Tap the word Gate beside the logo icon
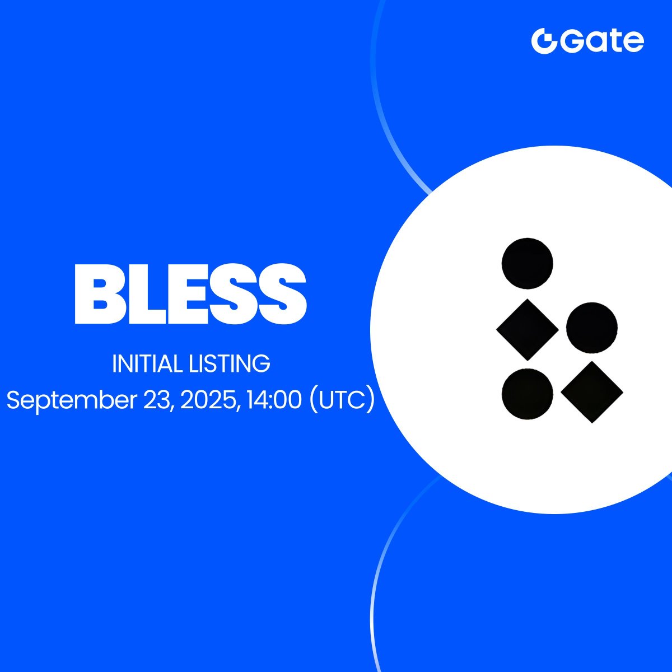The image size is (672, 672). click(x=602, y=41)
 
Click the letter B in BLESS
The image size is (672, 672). click(x=94, y=293)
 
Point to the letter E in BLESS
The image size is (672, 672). click(x=173, y=293)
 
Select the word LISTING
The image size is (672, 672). click(x=230, y=364)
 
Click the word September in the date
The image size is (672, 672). click(x=72, y=400)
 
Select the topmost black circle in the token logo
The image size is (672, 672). click(x=528, y=264)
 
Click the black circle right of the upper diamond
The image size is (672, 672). click(x=592, y=328)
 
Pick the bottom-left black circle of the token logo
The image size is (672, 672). click(x=528, y=394)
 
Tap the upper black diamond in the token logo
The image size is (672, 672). click(x=528, y=329)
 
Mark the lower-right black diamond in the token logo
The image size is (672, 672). click(x=592, y=393)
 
